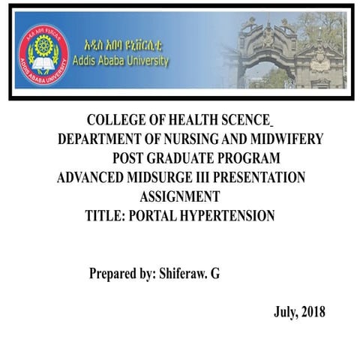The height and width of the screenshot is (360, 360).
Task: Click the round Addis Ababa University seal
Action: pyautogui.click(x=43, y=54)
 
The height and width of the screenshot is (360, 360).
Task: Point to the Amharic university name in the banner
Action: pyautogui.click(x=123, y=44)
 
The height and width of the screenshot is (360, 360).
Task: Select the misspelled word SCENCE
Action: pyautogui.click(x=243, y=120)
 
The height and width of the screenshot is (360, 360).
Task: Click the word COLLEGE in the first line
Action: pyautogui.click(x=116, y=120)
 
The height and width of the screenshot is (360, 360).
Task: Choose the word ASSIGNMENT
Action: pyautogui.click(x=180, y=197)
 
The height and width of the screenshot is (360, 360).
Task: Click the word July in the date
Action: pyautogui.click(x=284, y=313)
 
